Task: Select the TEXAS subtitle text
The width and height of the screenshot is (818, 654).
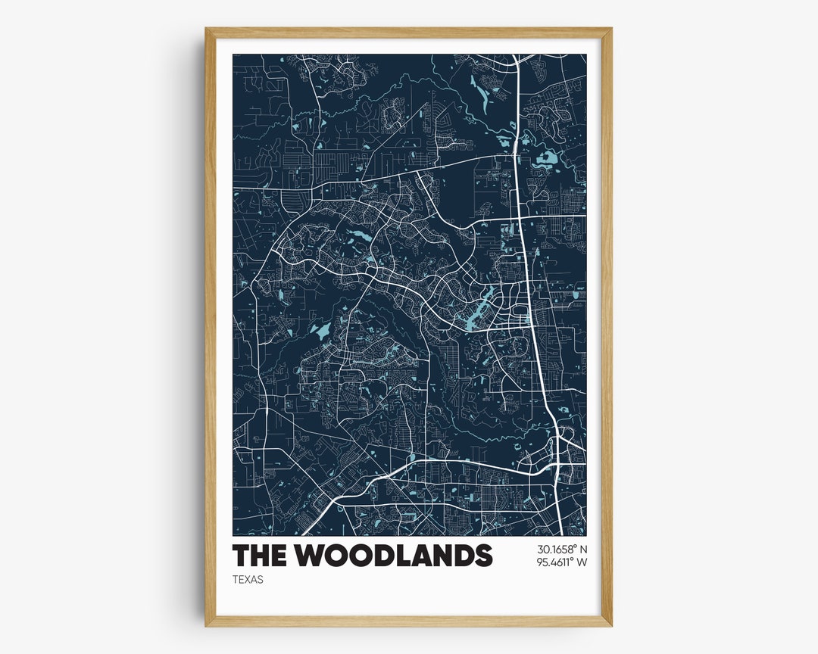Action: [x=248, y=580]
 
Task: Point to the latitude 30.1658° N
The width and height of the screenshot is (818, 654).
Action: [x=562, y=549]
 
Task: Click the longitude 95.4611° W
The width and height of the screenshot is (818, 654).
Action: [x=562, y=562]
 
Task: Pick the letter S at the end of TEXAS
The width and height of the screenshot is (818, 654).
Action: [x=261, y=580]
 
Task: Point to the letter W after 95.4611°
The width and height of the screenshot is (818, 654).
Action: [x=582, y=562]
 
